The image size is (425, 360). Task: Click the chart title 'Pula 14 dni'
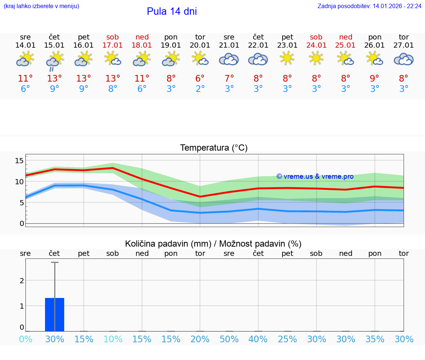pos(172,11)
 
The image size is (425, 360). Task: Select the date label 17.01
pos(113,45)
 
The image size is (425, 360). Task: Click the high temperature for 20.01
pos(200,78)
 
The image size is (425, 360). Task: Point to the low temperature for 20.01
pos(200,89)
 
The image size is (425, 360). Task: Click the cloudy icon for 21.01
pos(229,59)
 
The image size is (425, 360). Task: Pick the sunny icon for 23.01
pos(287,58)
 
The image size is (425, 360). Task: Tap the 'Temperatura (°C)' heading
pos(214,148)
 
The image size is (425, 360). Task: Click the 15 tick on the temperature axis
pos(19,161)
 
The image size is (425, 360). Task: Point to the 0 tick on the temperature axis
pos(22,223)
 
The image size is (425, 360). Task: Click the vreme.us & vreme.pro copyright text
pos(315,176)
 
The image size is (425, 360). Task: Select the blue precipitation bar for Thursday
pos(55,314)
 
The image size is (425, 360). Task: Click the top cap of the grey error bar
pos(55,263)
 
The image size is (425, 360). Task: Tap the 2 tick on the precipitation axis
pos(22,281)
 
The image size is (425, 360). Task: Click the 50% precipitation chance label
pos(229,339)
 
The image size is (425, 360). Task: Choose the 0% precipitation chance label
pos(25,339)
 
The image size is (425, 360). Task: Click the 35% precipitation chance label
pos(375,339)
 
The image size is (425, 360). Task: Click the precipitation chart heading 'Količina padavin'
pos(168,244)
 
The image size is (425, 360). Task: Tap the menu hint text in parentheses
pos(41,6)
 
